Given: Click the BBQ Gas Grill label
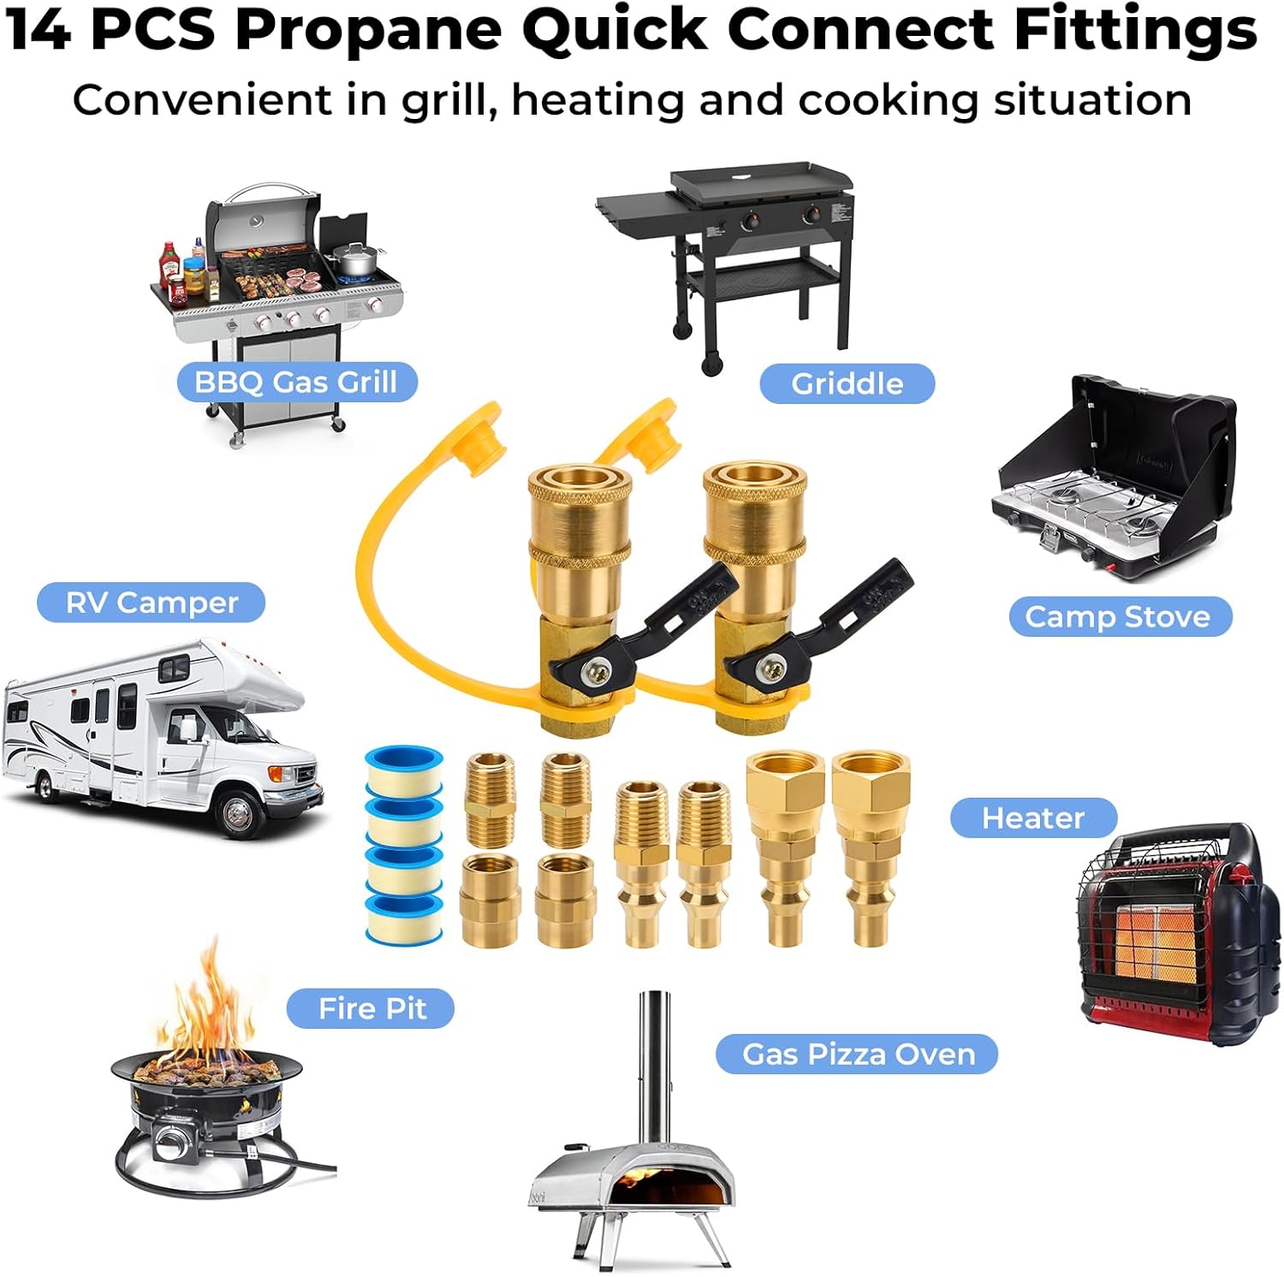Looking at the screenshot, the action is point(296,382).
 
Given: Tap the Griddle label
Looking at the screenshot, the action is point(847,383).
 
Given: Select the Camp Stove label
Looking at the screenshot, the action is point(1118,616).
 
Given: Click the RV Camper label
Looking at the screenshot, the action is point(152,603).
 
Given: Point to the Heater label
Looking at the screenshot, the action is point(1032,817).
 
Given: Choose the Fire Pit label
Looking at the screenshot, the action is point(372,1008).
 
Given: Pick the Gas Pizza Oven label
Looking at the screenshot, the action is point(858,1054).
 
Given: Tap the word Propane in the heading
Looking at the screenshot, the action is point(368,29).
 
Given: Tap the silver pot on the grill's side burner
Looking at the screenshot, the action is point(354,258).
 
